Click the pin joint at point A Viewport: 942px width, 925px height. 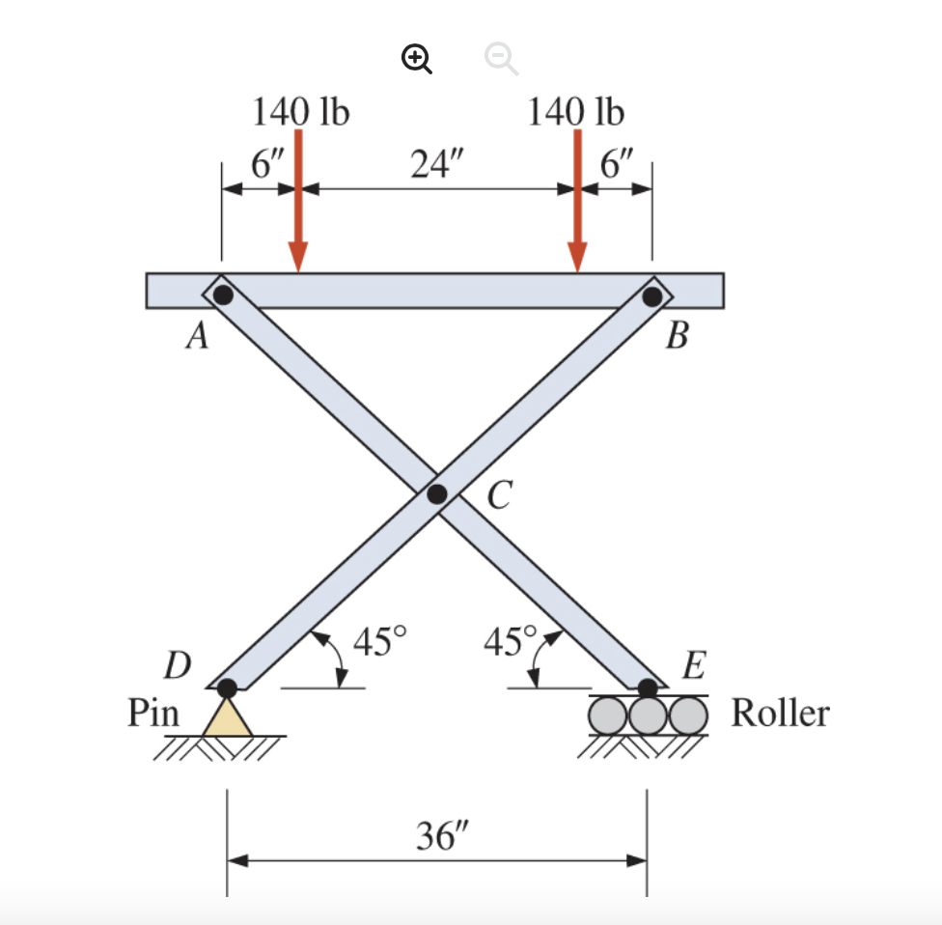pos(223,294)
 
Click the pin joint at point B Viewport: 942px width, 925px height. pos(652,294)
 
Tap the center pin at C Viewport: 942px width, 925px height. pos(437,494)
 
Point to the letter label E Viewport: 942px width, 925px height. pos(693,665)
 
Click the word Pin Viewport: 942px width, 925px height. pos(154,714)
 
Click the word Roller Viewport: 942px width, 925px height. pos(780,714)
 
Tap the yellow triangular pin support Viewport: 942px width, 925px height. pos(227,718)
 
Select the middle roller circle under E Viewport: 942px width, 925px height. pos(648,715)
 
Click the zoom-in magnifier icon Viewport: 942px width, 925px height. pos(416,61)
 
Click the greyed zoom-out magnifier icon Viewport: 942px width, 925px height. pos(500,61)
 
